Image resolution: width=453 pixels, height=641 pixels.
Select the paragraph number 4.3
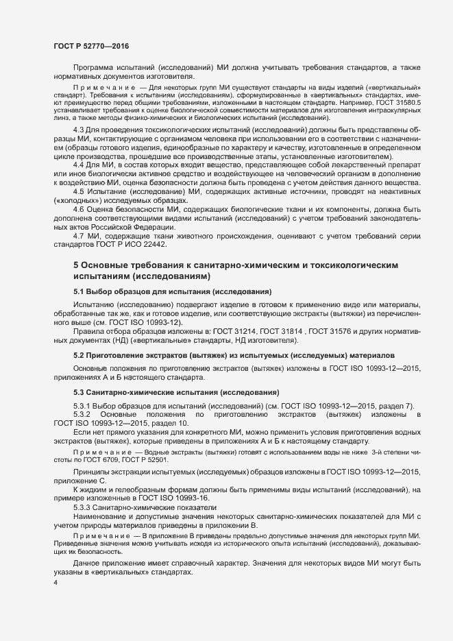79,130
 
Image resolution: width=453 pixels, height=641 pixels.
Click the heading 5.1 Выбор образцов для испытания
163,291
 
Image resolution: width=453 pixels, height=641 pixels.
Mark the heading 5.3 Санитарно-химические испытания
176,392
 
